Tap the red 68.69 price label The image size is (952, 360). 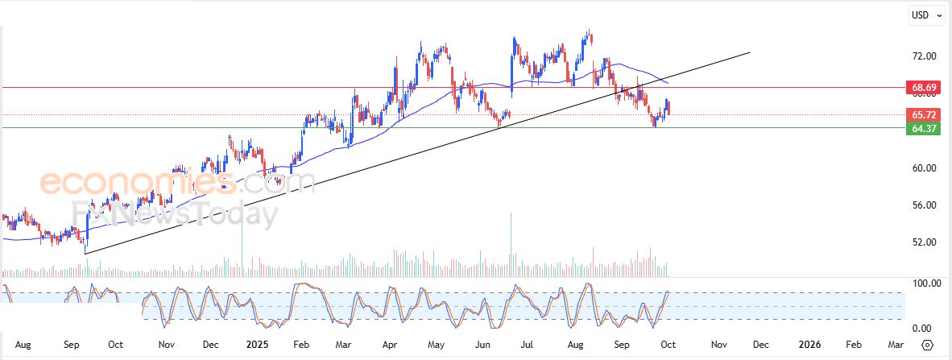921,87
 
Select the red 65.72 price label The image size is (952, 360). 921,115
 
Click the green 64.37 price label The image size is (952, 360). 921,128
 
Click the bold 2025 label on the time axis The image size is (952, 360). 256,345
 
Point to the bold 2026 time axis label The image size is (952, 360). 809,345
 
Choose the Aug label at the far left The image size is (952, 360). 23,345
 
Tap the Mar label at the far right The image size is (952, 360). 895,345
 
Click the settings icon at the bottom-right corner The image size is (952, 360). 927,345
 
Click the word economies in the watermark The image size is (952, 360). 137,182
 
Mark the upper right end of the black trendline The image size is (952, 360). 750,53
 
